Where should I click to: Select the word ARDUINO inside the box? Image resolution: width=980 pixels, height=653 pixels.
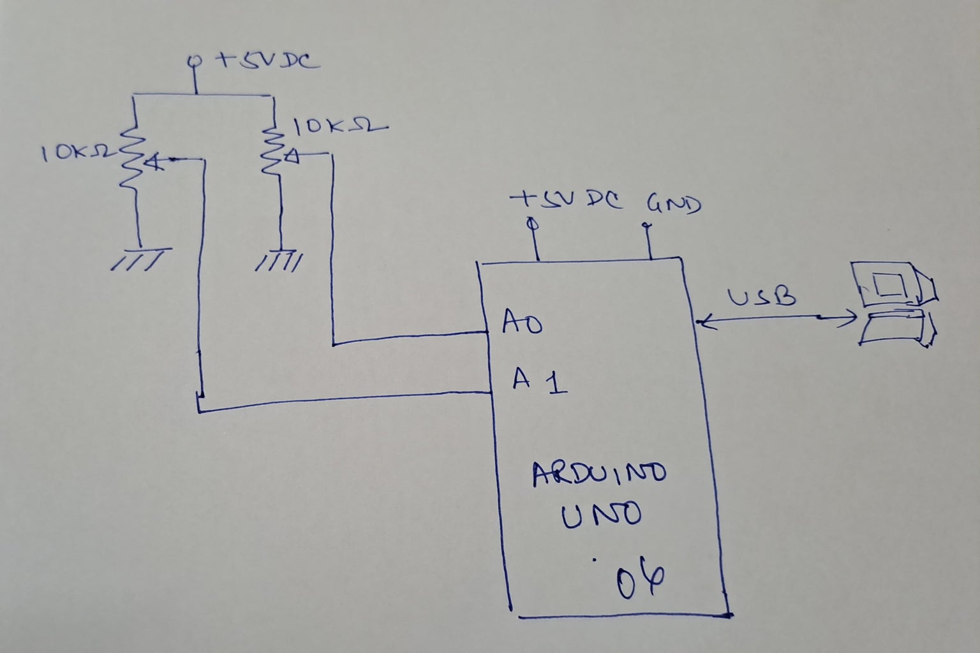tap(599, 474)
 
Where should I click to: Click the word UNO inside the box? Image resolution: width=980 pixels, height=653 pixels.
tap(600, 515)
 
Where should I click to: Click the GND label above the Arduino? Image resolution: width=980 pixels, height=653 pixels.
tap(673, 204)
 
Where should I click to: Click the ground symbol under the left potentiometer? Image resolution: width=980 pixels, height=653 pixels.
tap(140, 258)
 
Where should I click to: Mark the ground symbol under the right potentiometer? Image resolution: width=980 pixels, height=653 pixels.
tap(279, 260)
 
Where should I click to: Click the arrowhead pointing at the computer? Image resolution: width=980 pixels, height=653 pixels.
tap(849, 317)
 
